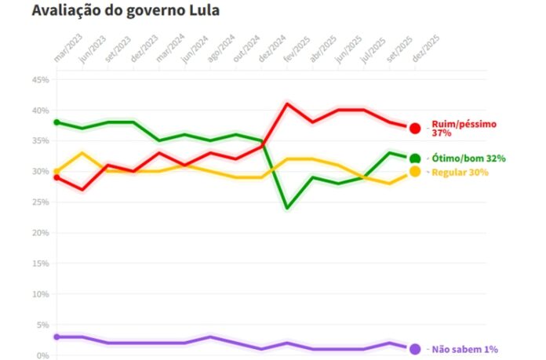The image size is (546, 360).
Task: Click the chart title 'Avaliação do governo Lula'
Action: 126,12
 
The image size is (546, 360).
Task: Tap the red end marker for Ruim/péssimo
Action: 415,128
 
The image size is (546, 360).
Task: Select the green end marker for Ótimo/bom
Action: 415,159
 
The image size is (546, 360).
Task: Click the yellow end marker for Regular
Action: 415,172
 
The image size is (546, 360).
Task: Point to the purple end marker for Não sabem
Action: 415,349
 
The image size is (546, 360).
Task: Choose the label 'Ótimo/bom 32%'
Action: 468,158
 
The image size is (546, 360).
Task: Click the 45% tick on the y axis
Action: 41,80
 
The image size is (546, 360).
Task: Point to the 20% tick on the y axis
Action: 41,233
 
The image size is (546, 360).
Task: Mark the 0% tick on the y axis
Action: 43,355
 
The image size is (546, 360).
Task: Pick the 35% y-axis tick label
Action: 41,141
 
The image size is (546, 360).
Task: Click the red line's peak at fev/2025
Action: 288,104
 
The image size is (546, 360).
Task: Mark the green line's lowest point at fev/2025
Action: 288,208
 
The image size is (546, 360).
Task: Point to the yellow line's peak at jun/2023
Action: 82,153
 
